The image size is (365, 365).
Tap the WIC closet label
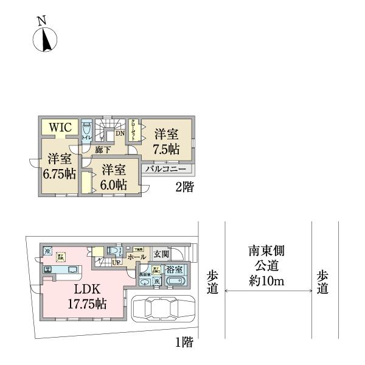coord(60,128)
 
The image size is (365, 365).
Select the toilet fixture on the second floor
coord(86,130)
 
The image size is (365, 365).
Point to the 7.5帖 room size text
coord(166,148)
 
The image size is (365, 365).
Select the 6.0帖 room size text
coord(114,183)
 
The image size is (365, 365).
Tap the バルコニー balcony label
coord(170,169)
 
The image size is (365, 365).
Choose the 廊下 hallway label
coord(102,149)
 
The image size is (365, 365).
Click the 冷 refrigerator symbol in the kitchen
coord(47,251)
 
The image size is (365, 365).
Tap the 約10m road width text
coord(267,282)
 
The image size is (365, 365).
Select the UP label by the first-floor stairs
coord(116,263)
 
